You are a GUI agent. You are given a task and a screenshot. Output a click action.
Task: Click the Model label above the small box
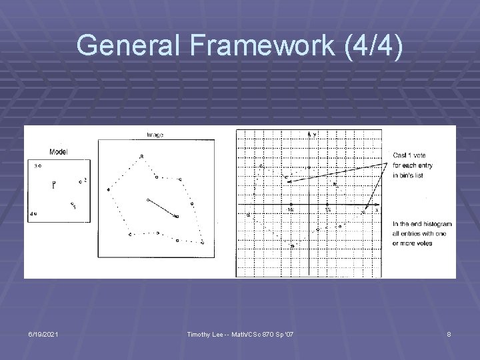click(x=58, y=152)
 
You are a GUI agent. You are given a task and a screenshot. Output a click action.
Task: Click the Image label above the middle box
click(x=155, y=135)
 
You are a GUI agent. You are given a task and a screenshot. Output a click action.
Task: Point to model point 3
click(x=39, y=165)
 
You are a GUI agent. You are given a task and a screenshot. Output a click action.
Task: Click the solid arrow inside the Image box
click(x=162, y=208)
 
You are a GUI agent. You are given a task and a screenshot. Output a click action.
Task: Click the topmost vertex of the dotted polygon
click(x=141, y=157)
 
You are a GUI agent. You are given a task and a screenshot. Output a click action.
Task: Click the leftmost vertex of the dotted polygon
click(x=108, y=190)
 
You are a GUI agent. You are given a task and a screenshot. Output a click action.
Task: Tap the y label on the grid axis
click(x=315, y=135)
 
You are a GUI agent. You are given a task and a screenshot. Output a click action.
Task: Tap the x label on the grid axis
click(x=376, y=209)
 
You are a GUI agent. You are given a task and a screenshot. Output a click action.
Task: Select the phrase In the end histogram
click(x=423, y=225)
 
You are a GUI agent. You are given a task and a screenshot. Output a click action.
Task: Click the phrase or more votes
click(x=413, y=243)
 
